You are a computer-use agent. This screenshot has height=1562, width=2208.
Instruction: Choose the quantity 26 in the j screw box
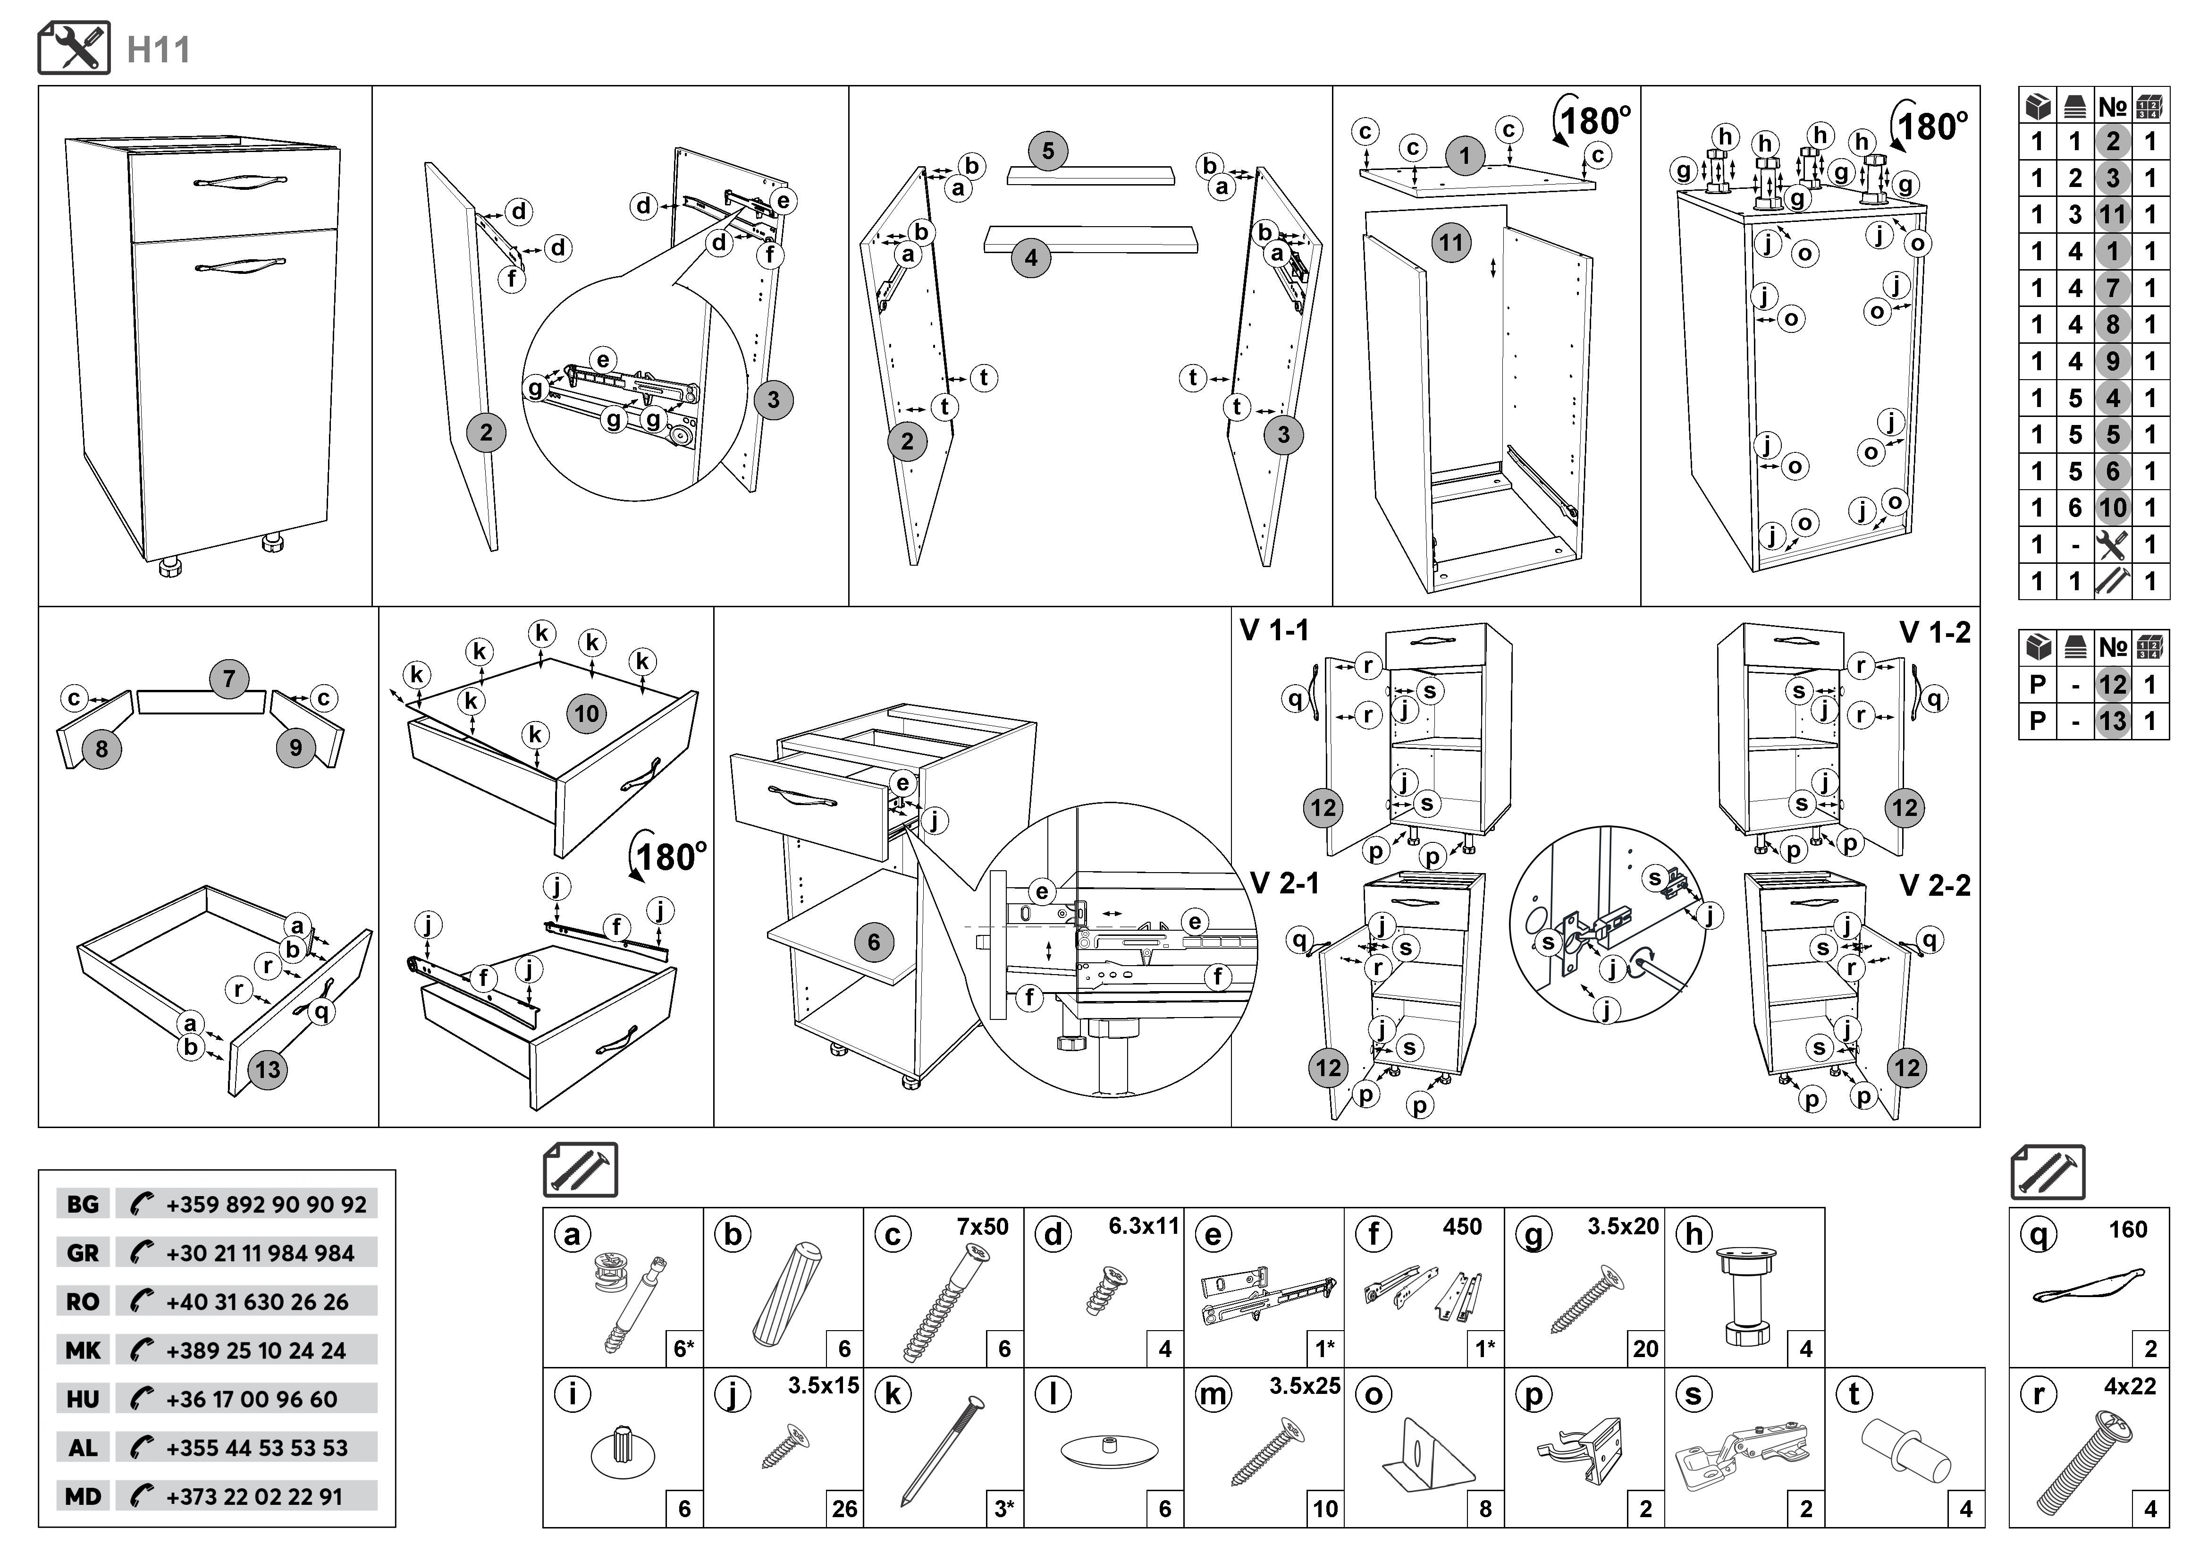844,1508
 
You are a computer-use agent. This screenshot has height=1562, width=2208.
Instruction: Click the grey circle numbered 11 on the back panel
1451,242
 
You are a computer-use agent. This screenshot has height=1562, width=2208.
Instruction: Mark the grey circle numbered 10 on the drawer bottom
587,713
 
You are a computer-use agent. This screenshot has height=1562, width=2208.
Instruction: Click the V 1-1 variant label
1274,631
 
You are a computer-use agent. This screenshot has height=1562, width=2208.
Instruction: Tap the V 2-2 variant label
1935,886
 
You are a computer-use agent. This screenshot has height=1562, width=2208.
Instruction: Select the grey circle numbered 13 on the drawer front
267,1070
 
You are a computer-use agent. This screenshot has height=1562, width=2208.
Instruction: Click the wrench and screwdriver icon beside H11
74,48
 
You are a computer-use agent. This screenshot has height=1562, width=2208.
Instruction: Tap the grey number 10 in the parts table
2113,508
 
